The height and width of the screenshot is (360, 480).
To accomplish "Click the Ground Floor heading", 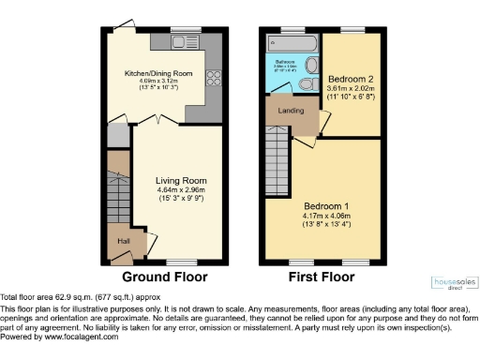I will (164, 277).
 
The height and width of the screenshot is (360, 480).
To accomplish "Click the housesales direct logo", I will (452, 282).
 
